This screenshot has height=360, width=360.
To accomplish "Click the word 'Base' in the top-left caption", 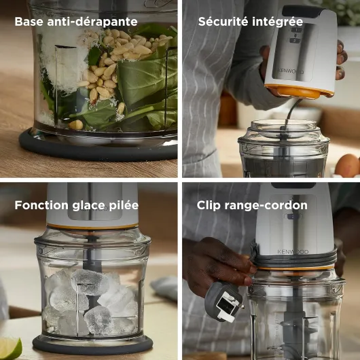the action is [29, 22].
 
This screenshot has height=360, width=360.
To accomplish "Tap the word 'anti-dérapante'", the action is [92, 22].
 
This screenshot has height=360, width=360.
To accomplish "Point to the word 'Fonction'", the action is [41, 205].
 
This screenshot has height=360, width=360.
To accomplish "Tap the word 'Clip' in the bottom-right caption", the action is [209, 206].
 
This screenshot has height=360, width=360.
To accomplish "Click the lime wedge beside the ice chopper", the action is [10, 348].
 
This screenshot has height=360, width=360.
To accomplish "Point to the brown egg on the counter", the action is [347, 166].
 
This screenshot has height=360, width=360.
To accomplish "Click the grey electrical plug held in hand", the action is [224, 302].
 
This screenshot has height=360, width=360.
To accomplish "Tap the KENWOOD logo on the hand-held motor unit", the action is [291, 71].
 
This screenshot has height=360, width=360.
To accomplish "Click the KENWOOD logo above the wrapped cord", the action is [293, 252].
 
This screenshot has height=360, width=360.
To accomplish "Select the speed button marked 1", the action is [296, 30].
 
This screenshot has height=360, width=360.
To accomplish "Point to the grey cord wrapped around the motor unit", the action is [295, 260].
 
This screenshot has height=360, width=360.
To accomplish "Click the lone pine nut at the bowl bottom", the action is [76, 125].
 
